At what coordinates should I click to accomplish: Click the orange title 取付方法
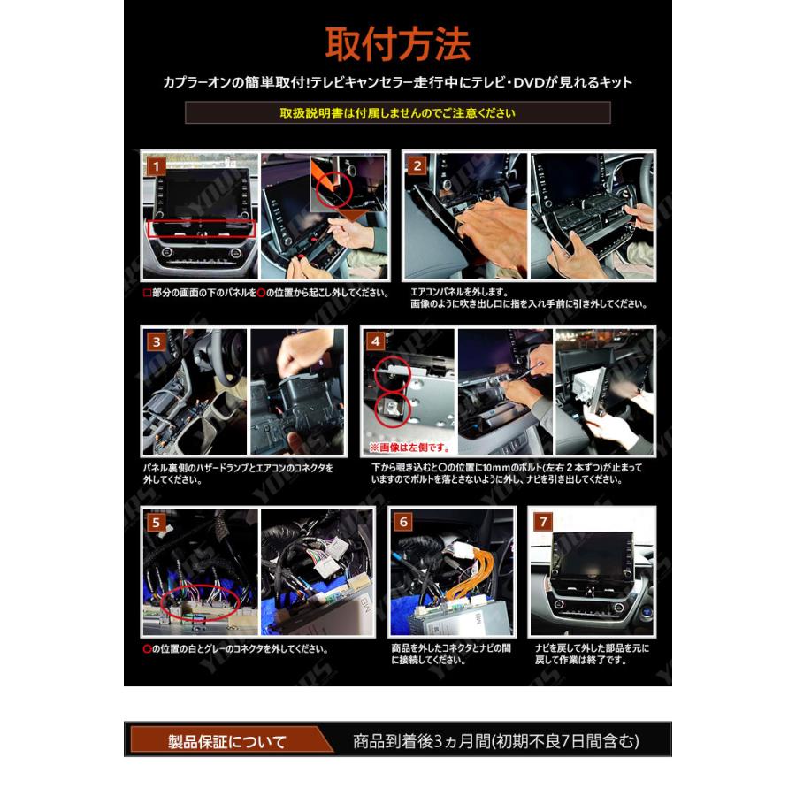(397, 43)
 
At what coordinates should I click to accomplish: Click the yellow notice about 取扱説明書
(397, 113)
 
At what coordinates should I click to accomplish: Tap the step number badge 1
(154, 165)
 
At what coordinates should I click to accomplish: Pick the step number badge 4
(376, 341)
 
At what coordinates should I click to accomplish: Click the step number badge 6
(402, 522)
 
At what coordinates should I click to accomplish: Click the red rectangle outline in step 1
(201, 228)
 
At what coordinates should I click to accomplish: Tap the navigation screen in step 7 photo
(592, 552)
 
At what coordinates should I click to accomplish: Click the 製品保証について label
(227, 740)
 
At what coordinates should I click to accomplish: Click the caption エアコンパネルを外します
(458, 291)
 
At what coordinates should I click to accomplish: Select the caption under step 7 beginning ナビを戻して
(592, 654)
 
